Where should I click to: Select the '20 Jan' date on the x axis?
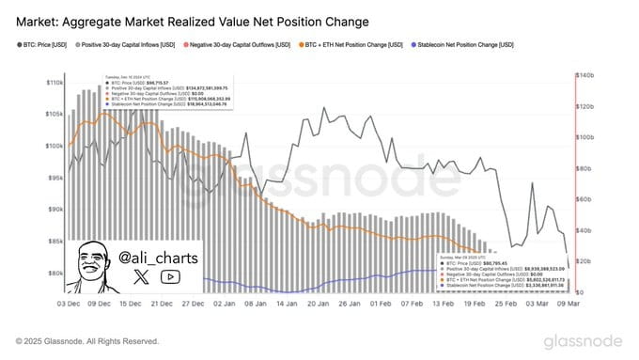[x=313, y=304]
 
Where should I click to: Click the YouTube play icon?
[x=170, y=276]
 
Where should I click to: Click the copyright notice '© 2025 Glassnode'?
[x=85, y=340]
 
